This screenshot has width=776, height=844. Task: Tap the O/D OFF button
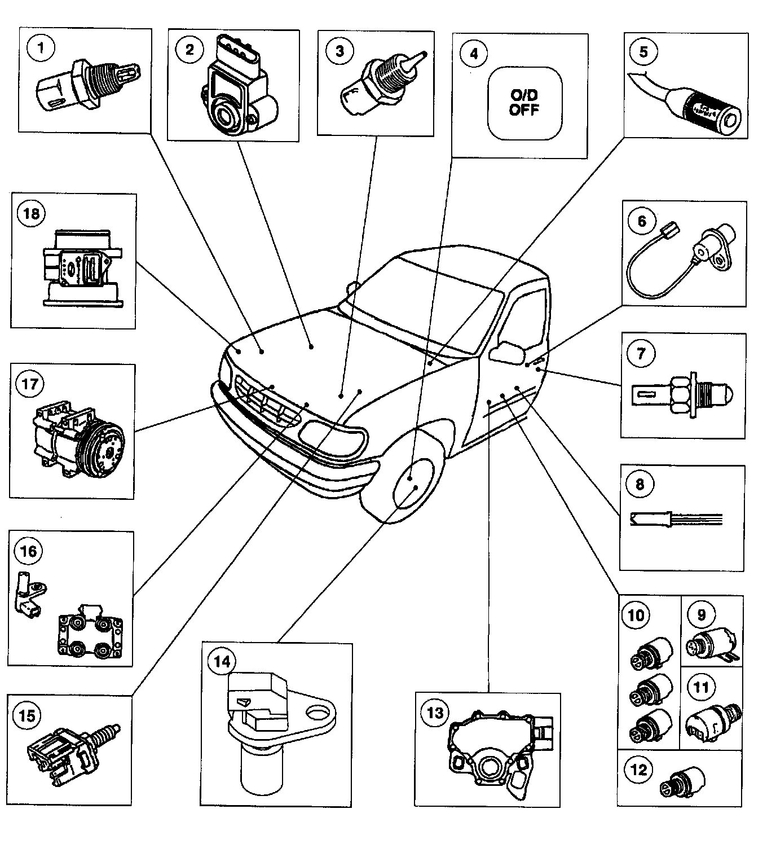pos(524,103)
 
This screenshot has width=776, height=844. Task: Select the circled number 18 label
pos(32,214)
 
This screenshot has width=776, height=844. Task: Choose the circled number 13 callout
pos(435,713)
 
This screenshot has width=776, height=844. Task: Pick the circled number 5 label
pos(643,51)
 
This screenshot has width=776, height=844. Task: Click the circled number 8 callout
pos(640,484)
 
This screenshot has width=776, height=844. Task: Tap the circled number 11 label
pos(701,687)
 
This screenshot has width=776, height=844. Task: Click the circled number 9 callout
pos(702,614)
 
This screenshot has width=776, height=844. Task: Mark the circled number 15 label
pos(27,716)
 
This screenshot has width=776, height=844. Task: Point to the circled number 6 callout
pos(642,221)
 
